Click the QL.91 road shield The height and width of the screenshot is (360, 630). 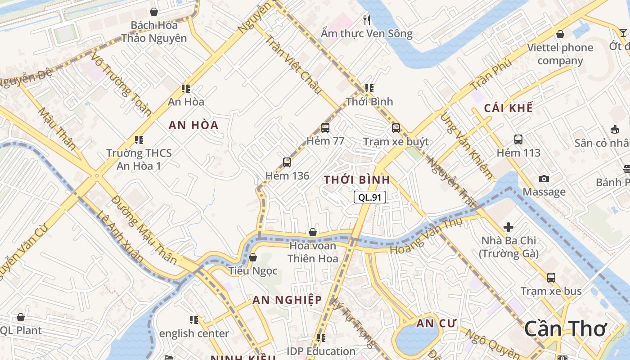370,197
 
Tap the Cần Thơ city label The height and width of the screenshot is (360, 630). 566,328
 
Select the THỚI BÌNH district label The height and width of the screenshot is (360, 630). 357,180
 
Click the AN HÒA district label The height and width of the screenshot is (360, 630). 193,125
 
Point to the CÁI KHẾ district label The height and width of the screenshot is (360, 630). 508,108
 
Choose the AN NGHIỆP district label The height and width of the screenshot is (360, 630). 287,300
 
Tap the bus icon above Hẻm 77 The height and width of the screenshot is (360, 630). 325,128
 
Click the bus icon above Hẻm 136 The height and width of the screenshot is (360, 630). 287,162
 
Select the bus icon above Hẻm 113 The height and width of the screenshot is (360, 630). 518,139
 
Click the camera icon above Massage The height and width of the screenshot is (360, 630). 544,179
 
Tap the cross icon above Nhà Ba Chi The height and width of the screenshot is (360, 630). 508,227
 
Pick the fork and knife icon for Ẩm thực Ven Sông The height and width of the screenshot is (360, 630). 367,20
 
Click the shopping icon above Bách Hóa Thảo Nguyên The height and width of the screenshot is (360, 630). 154,12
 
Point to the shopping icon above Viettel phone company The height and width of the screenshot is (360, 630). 560,34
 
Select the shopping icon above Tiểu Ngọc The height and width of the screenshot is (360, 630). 253,257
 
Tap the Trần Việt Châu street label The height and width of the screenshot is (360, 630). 293,64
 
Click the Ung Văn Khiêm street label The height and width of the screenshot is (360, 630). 466,145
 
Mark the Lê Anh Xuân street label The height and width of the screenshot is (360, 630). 120,237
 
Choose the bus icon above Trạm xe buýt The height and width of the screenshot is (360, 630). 396,128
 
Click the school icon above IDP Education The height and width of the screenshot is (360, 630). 321,337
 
